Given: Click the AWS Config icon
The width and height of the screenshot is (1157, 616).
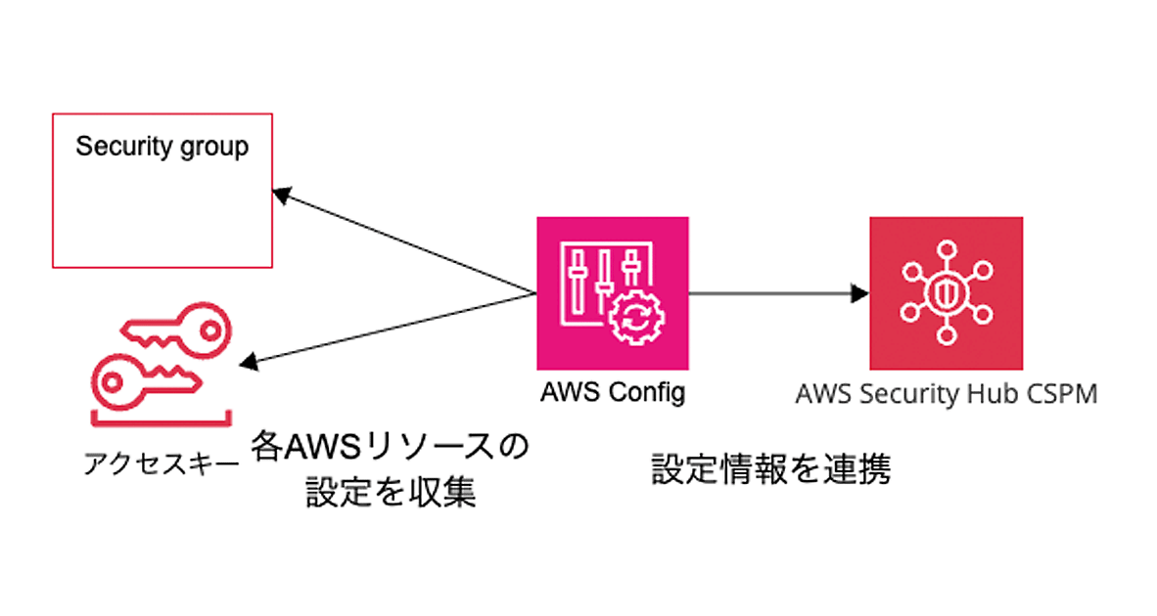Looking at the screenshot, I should tap(612, 292).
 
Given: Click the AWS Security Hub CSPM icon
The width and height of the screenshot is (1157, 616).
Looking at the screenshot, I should tap(946, 292).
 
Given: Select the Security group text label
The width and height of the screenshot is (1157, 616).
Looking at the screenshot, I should tap(162, 147).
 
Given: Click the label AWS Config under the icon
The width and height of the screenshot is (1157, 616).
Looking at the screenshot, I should tap(612, 393).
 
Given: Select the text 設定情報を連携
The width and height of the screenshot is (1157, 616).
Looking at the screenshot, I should tap(771, 469).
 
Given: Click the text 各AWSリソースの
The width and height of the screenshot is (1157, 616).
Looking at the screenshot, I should tap(390, 447).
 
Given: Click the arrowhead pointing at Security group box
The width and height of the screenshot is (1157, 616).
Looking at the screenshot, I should tap(282, 196).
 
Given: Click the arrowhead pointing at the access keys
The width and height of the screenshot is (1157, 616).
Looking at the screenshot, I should tap(250, 363).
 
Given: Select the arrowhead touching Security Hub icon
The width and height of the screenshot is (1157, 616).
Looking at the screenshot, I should tap(860, 292).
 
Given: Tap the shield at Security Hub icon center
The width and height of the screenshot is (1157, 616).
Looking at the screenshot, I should tap(946, 292).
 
